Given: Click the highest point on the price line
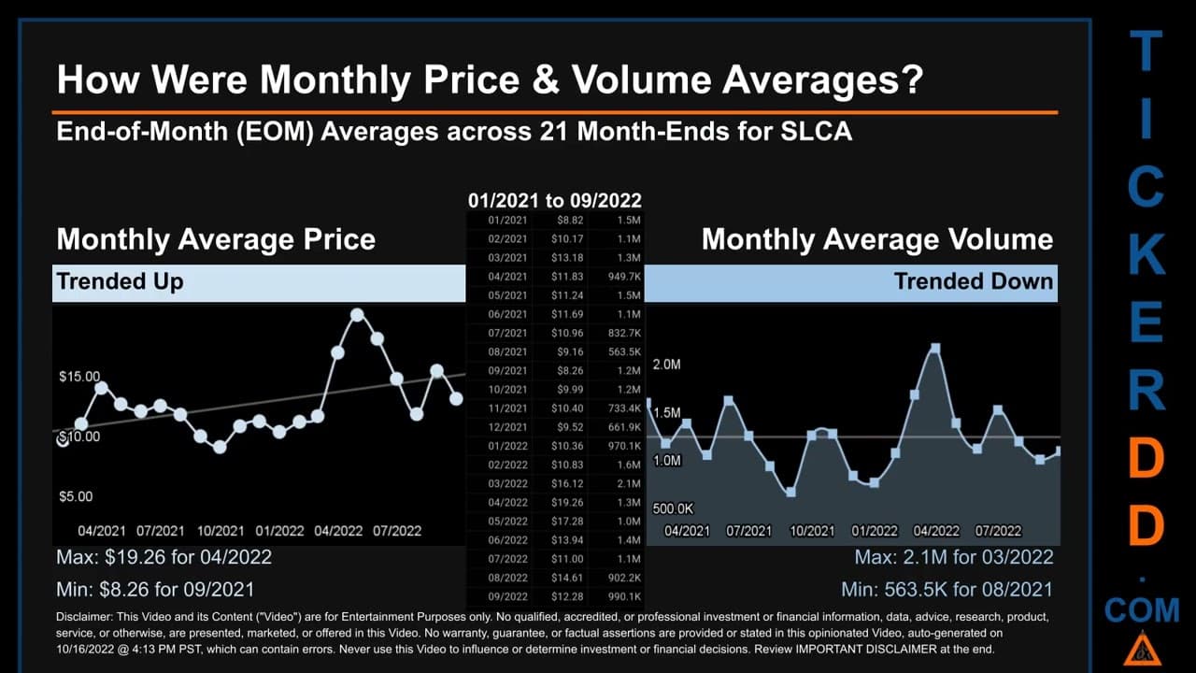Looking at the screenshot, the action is (357, 315).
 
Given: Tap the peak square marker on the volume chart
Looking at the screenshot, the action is (935, 349).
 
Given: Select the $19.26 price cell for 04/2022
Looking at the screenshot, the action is (567, 503).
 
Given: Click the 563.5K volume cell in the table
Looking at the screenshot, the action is (624, 352).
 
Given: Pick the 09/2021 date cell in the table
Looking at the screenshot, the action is (507, 371).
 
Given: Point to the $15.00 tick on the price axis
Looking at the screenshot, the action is (79, 377).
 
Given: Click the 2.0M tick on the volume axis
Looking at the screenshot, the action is (666, 365).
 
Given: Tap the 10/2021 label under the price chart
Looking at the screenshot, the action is (221, 531).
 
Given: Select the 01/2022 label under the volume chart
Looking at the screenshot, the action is (874, 531).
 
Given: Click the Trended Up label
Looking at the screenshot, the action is (121, 281).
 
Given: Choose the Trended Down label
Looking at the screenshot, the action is (974, 281).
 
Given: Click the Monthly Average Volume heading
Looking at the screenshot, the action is (877, 239).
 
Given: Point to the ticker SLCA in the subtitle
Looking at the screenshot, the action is (817, 132).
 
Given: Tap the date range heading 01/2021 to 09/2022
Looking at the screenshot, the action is (555, 201).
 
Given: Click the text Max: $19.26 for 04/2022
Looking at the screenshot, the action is (164, 557).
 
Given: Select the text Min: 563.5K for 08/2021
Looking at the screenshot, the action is (947, 590).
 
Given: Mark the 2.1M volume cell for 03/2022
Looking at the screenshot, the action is (629, 484).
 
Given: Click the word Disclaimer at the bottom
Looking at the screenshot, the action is (83, 617).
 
